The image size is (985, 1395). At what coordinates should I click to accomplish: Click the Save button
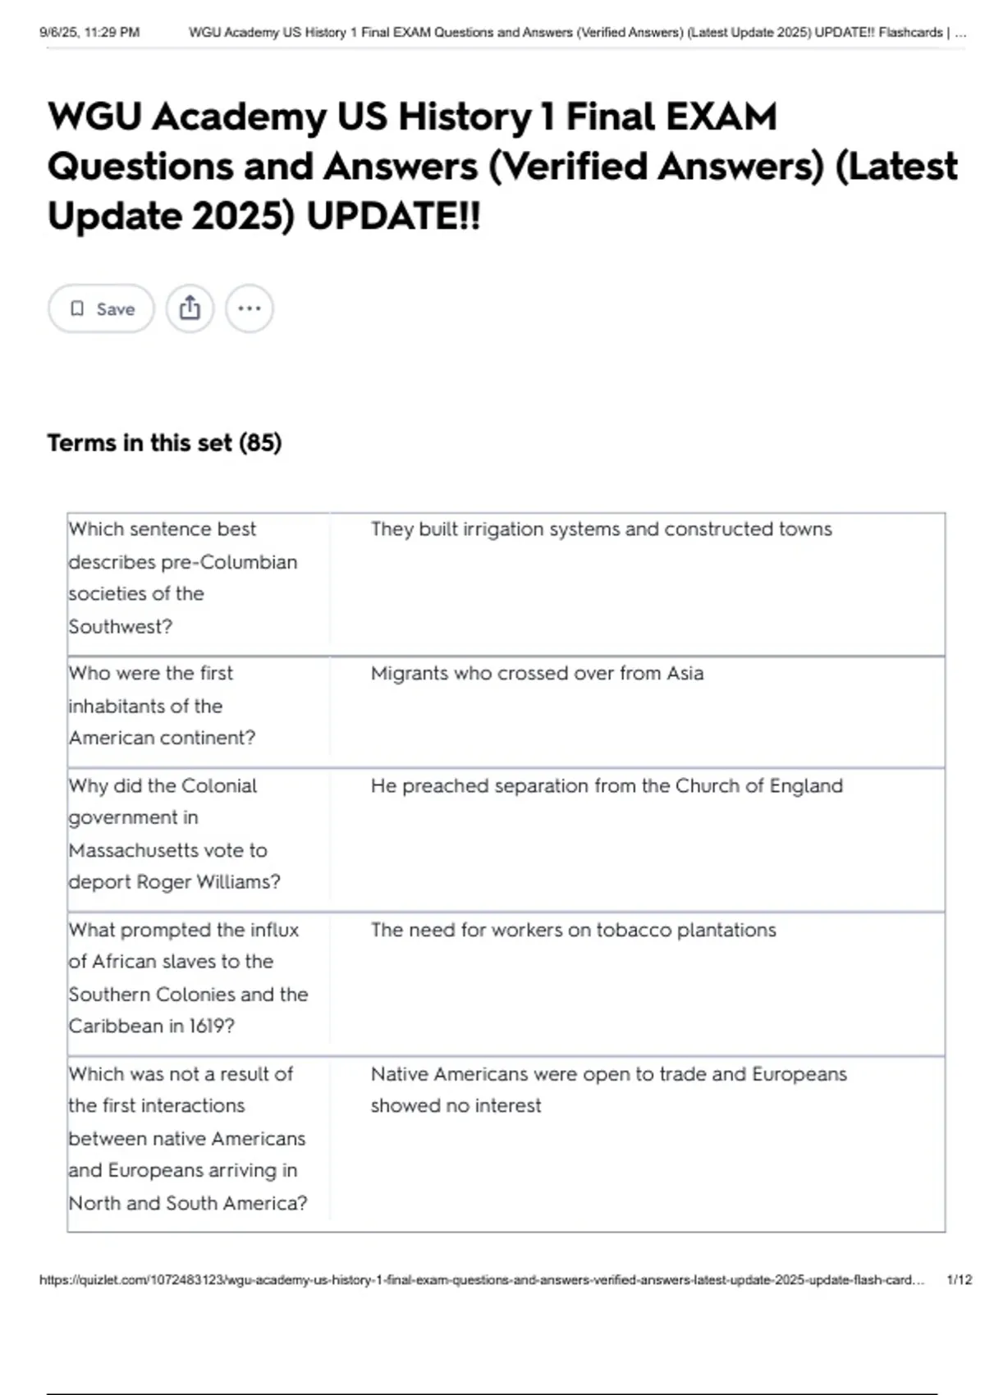(101, 309)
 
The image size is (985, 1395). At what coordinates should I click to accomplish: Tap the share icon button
(190, 309)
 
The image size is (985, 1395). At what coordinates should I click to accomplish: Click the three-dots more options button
(250, 309)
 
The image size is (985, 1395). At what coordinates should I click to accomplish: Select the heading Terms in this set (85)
(164, 443)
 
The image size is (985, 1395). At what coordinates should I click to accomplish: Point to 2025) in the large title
(243, 217)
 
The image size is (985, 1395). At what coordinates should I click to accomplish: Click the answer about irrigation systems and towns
(601, 529)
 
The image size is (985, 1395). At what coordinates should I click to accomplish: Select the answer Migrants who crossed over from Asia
(537, 674)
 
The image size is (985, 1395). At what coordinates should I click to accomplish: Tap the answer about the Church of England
(607, 786)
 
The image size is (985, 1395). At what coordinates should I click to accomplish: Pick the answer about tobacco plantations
(573, 931)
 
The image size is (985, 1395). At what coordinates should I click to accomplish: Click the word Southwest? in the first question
(121, 627)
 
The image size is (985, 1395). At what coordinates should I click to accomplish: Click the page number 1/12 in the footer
(959, 1280)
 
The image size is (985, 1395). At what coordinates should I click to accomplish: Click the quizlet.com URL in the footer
(481, 1280)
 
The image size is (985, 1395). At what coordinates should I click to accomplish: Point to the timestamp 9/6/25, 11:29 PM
(89, 33)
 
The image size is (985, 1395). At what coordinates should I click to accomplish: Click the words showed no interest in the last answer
(456, 1106)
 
